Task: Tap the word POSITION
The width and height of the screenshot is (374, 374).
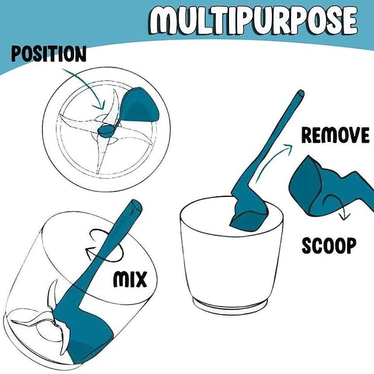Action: click(x=49, y=54)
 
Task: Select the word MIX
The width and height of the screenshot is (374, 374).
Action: click(x=130, y=279)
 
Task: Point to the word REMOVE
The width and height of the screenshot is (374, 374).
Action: click(x=335, y=135)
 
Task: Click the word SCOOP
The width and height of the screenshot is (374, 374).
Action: click(x=329, y=245)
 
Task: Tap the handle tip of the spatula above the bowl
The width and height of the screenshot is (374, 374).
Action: click(x=300, y=93)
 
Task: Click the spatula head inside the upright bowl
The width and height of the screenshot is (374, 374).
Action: click(x=248, y=214)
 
